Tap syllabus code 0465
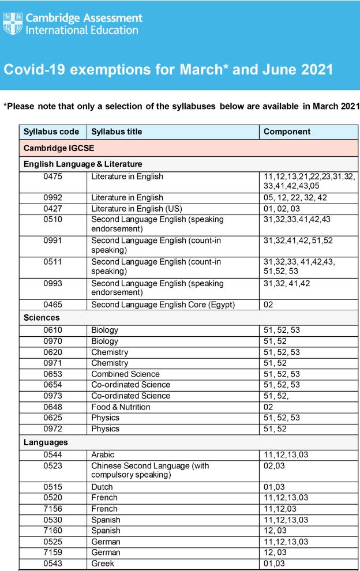click(53, 305)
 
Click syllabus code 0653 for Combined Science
click(53, 374)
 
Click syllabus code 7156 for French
click(53, 509)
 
